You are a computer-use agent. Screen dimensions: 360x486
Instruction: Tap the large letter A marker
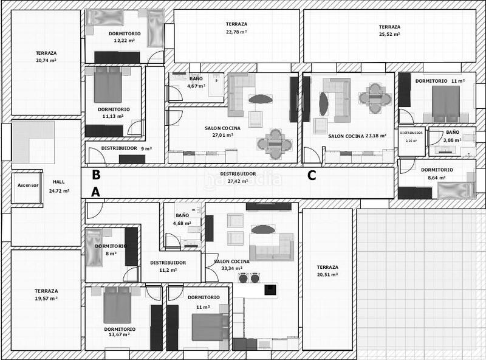click(95, 193)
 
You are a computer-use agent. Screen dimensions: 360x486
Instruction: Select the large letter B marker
click(95, 175)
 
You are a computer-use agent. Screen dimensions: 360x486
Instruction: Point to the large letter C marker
click(312, 176)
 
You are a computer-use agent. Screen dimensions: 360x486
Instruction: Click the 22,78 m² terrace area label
click(236, 28)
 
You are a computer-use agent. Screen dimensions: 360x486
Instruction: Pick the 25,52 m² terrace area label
click(389, 30)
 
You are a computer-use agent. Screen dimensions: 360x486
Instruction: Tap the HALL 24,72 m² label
click(58, 186)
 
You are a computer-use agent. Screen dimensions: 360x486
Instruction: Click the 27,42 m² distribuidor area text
click(238, 181)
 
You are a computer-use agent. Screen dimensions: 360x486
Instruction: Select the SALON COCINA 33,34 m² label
click(231, 265)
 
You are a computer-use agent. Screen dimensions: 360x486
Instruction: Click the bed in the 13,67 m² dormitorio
click(117, 305)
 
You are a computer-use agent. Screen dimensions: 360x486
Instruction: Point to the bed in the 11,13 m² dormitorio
click(108, 85)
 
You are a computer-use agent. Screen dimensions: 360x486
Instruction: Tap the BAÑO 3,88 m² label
click(453, 136)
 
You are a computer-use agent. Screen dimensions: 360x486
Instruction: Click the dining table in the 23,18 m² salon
click(372, 95)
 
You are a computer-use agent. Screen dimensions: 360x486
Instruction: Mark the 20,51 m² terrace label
click(327, 271)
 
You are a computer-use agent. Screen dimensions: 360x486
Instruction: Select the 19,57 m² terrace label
click(46, 295)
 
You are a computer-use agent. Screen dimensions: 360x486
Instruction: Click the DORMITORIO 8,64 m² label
click(437, 174)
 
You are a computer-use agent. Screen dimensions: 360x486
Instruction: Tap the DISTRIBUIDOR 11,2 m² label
click(168, 266)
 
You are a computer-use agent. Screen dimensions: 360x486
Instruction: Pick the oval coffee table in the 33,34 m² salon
click(263, 229)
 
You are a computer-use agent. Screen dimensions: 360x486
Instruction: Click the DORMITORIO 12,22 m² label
click(125, 36)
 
